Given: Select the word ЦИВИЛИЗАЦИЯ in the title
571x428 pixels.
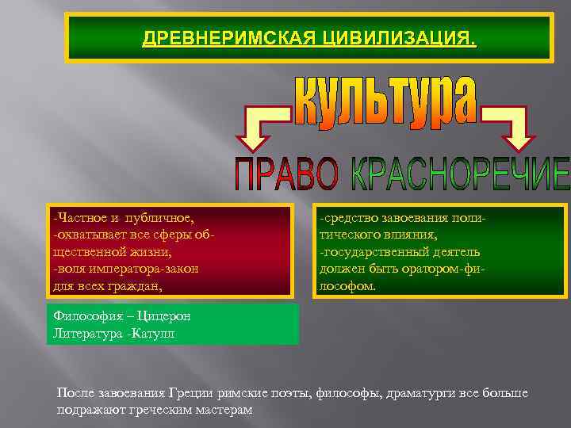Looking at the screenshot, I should pyautogui.click(x=398, y=38).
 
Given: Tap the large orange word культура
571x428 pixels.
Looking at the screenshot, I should pyautogui.click(x=386, y=101).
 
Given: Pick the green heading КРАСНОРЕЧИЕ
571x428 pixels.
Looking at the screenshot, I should pyautogui.click(x=460, y=174).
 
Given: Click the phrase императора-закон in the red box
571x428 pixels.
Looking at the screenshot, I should pyautogui.click(x=142, y=269).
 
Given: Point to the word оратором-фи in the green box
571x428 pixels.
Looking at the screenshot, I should pyautogui.click(x=447, y=269).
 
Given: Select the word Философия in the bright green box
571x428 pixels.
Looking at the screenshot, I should pyautogui.click(x=84, y=316).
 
